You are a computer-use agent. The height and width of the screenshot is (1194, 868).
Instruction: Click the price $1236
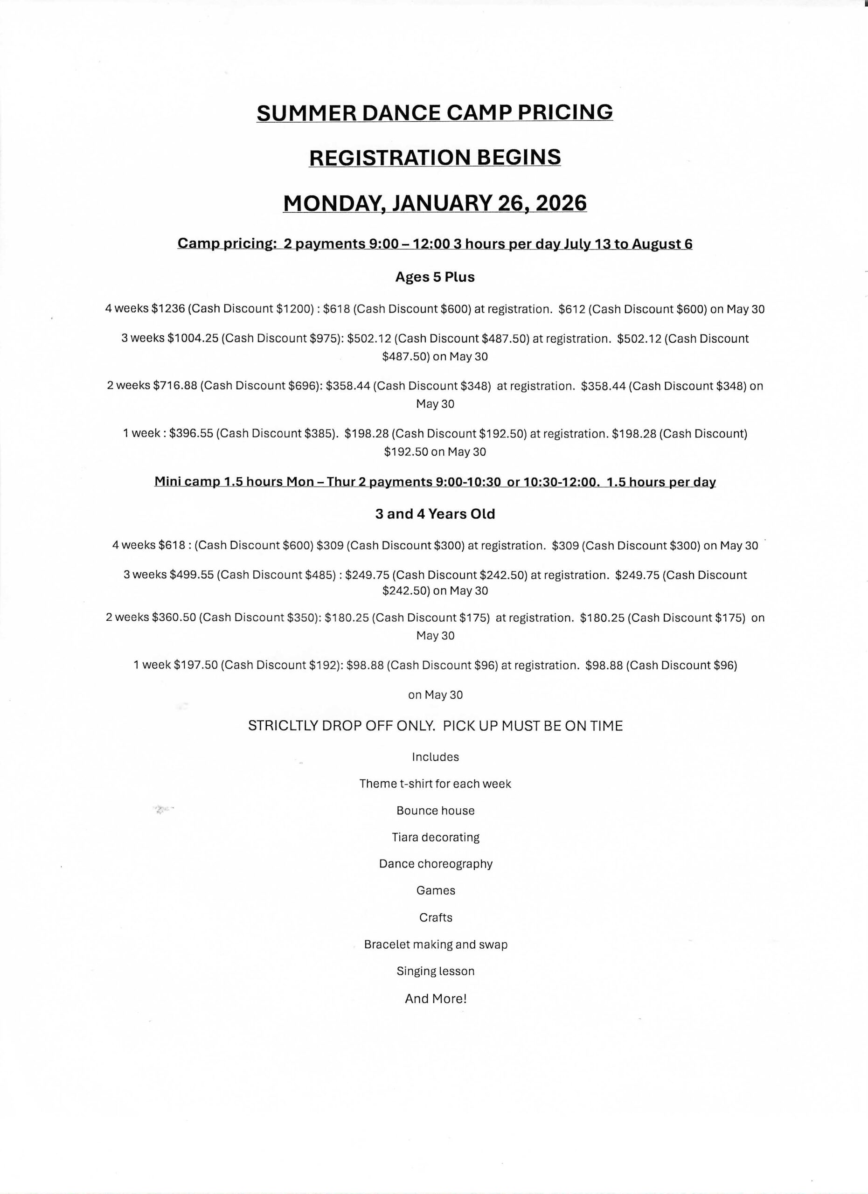[167, 309]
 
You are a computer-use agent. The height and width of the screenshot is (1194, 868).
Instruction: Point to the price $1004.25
[192, 339]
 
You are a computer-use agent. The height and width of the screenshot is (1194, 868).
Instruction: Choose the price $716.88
[175, 386]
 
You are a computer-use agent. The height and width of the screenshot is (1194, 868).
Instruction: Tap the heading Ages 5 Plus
[435, 277]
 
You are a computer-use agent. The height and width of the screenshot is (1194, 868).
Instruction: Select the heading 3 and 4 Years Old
[435, 514]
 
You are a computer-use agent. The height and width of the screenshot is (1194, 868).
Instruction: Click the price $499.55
[192, 575]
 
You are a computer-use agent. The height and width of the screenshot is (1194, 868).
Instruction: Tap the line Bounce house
[435, 811]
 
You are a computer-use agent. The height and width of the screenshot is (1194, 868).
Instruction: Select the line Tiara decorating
[435, 837]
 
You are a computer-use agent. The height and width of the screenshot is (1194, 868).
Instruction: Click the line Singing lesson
[435, 972]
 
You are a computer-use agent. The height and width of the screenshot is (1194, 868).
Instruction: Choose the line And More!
[435, 999]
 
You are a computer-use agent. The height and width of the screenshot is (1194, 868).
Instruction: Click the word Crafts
[435, 917]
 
